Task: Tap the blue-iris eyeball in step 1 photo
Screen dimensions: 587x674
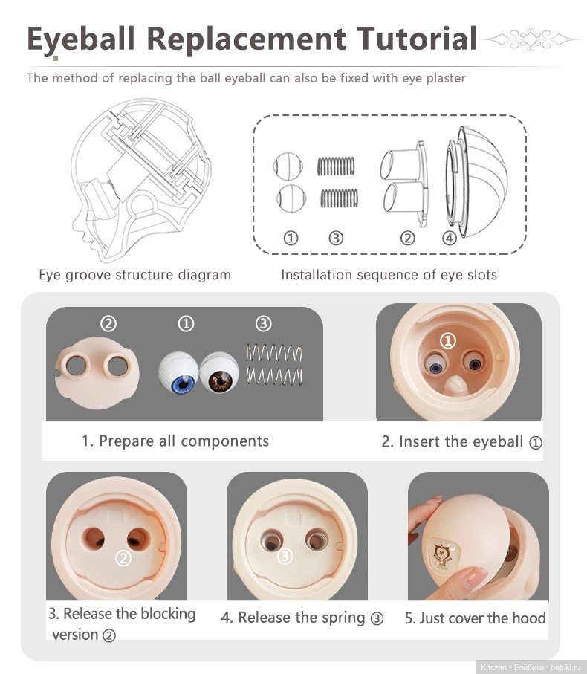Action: point(178,373)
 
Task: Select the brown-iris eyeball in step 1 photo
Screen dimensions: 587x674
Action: point(219,372)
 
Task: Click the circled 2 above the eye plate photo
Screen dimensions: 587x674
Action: point(108,323)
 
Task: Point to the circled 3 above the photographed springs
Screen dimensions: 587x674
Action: point(264,323)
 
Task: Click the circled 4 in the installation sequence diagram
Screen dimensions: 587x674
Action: point(449,238)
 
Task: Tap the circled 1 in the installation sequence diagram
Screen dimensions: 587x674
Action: point(291,238)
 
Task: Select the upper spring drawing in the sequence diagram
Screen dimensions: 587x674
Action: point(336,166)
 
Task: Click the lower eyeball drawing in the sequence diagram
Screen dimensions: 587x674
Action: point(291,198)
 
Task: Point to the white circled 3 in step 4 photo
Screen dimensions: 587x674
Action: point(284,557)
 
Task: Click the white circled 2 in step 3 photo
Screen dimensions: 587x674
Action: point(124,558)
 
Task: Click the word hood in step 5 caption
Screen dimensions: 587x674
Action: point(529,618)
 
